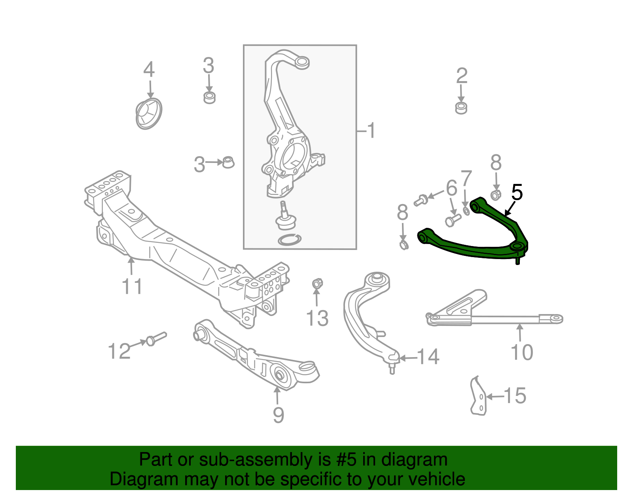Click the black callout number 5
coord(517,193)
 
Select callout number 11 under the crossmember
coord(132,286)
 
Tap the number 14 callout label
coord(428,357)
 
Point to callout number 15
coord(515,396)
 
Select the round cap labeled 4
coord(149,114)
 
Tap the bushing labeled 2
coord(461,108)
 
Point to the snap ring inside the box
coord(289,240)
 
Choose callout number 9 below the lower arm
coord(279,415)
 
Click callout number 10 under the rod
coord(522,352)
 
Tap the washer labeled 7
coord(466,210)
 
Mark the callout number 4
coord(149,70)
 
